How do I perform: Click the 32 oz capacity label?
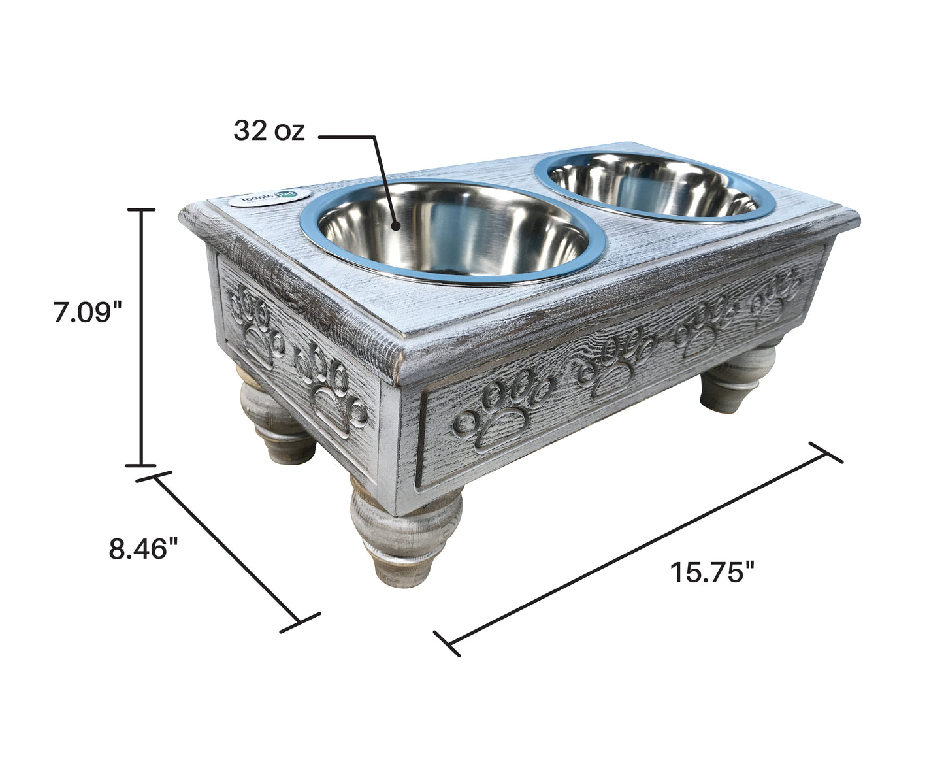point(269,132)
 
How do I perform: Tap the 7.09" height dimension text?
point(88,312)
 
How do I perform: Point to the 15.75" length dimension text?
point(712,572)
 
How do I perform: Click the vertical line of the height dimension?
point(140,337)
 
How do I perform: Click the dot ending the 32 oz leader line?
point(395,226)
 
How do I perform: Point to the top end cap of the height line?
point(140,210)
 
